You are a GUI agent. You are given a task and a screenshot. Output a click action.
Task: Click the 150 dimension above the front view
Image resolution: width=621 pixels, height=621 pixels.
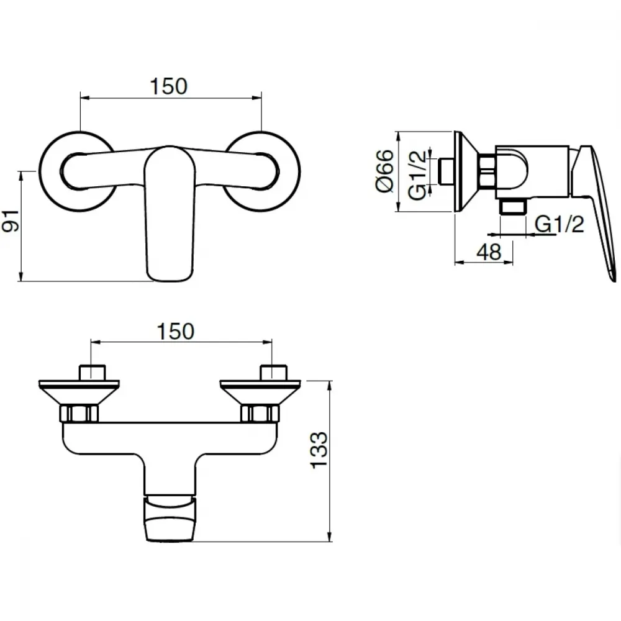[x=169, y=86]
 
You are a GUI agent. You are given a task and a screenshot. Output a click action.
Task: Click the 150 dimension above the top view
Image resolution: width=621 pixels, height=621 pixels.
[x=176, y=331]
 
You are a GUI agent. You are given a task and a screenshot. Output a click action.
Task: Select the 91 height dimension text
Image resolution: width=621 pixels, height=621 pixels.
[x=11, y=221]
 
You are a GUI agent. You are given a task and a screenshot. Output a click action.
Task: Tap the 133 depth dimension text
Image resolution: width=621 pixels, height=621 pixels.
[x=319, y=450]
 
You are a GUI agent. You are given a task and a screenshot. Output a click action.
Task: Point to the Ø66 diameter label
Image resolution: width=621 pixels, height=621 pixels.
[x=384, y=171]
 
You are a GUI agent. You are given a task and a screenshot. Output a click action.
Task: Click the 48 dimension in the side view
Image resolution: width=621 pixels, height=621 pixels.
[x=489, y=252]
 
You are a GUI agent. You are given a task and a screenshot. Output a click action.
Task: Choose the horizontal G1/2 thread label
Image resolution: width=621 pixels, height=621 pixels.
[x=560, y=224]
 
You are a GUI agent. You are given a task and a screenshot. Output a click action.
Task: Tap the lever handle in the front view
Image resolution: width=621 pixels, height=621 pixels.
[x=170, y=214]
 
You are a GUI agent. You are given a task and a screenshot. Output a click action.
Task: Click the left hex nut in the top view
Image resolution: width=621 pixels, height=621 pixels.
[x=79, y=414]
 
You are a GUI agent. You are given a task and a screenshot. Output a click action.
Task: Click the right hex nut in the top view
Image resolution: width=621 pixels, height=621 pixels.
[x=260, y=414]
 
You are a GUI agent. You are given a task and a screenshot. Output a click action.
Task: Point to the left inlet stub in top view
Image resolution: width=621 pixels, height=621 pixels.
[x=93, y=372]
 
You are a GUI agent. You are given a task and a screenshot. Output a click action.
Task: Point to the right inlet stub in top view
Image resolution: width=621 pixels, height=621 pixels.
[x=273, y=372]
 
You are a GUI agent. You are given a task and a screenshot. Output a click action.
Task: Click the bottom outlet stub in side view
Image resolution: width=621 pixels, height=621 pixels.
[x=513, y=206]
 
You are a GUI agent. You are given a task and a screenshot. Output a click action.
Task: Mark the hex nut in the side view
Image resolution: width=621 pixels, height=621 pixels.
[x=487, y=171]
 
